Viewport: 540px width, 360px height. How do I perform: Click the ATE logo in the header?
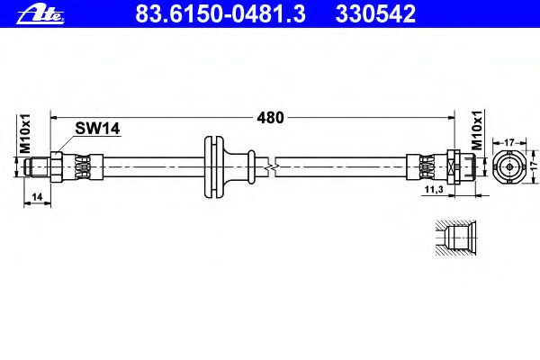[x=40, y=15]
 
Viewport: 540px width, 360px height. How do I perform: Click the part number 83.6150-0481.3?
[x=220, y=14]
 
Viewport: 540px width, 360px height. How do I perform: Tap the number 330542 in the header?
[x=375, y=14]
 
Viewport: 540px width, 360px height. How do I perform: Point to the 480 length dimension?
[x=270, y=118]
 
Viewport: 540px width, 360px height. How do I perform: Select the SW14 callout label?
[x=97, y=129]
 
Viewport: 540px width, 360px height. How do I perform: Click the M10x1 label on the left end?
[x=25, y=134]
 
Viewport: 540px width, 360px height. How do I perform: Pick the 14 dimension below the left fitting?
[x=37, y=197]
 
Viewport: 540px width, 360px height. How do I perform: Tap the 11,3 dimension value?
[x=434, y=189]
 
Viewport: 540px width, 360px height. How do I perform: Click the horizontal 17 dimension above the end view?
[x=509, y=142]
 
